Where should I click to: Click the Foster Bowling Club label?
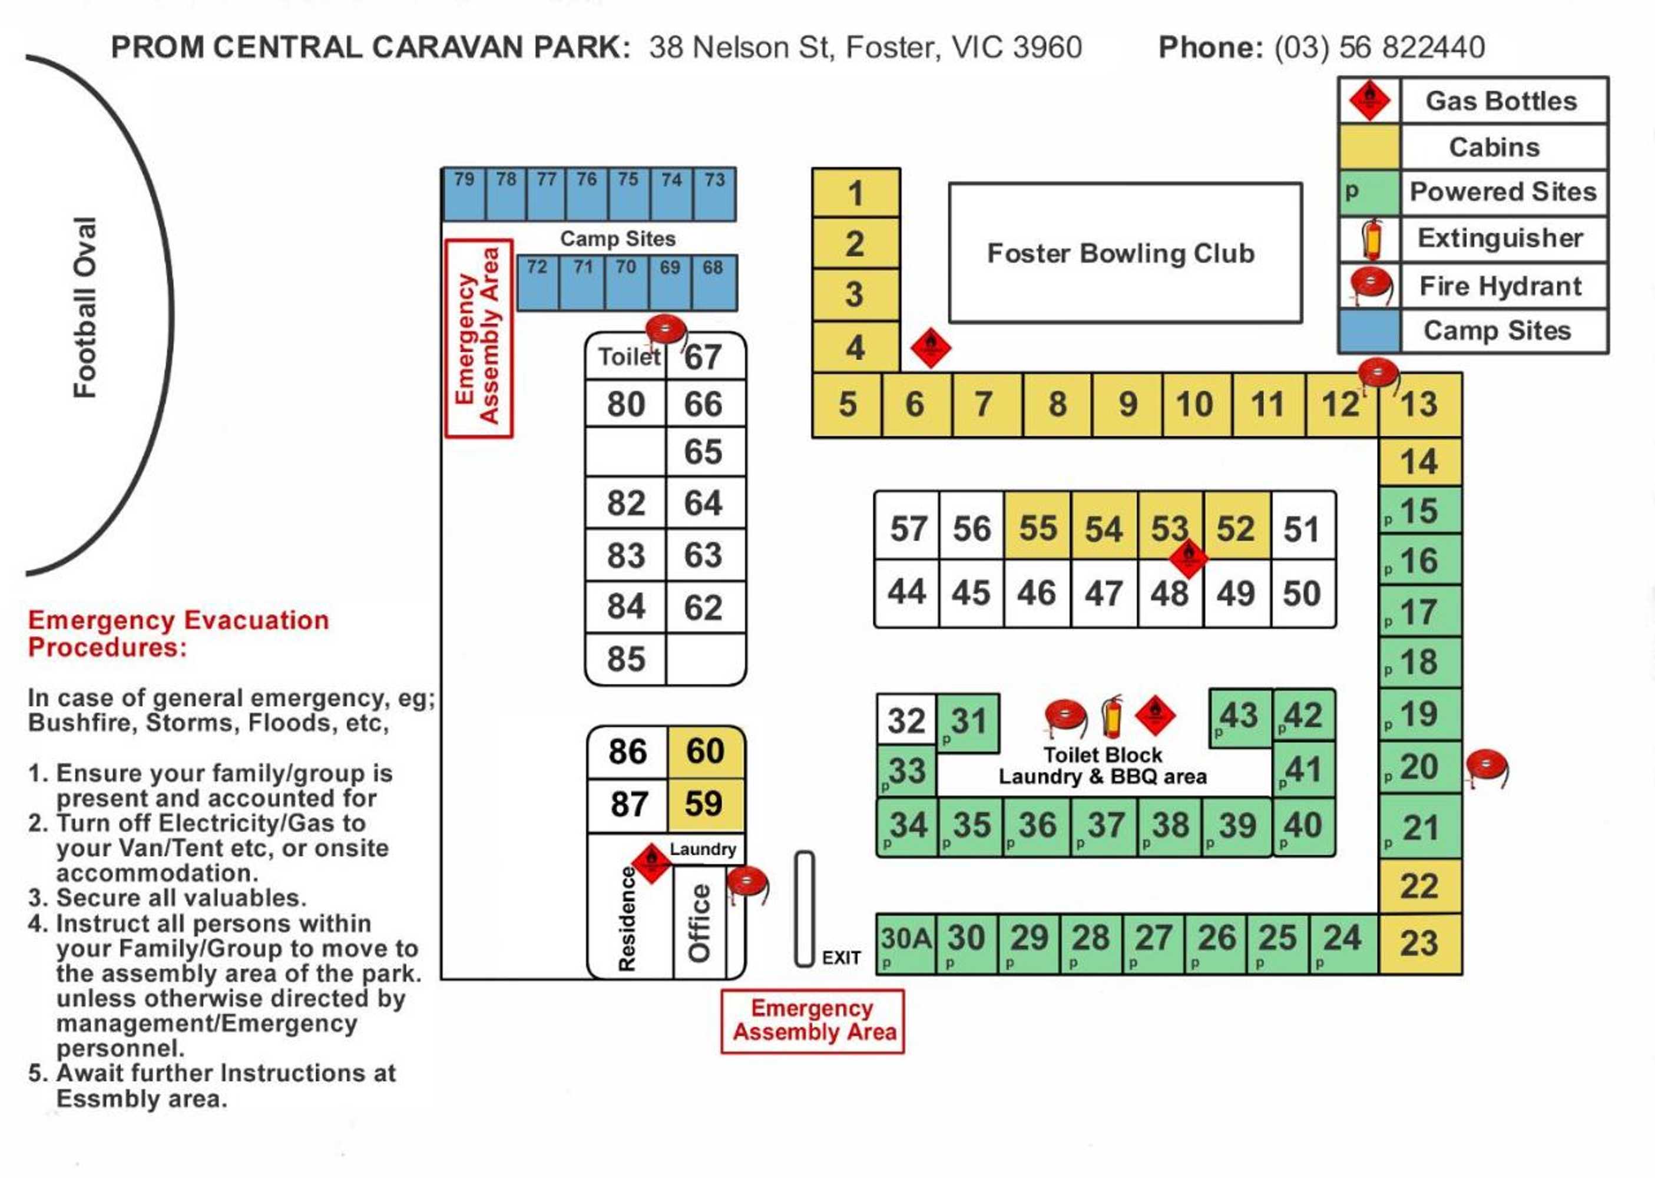(x=1120, y=253)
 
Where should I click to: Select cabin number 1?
(x=855, y=193)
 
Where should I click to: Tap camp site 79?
(x=464, y=193)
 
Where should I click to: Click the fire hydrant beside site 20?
(x=1485, y=768)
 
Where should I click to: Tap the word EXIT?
(x=840, y=958)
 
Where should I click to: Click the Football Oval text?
(x=85, y=307)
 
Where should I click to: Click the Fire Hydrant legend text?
(x=1499, y=286)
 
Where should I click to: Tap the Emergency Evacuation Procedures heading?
(x=178, y=633)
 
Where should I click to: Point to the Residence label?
(x=627, y=918)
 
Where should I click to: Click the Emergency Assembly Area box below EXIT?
(x=812, y=1020)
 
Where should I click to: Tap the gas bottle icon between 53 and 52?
(x=1188, y=558)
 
